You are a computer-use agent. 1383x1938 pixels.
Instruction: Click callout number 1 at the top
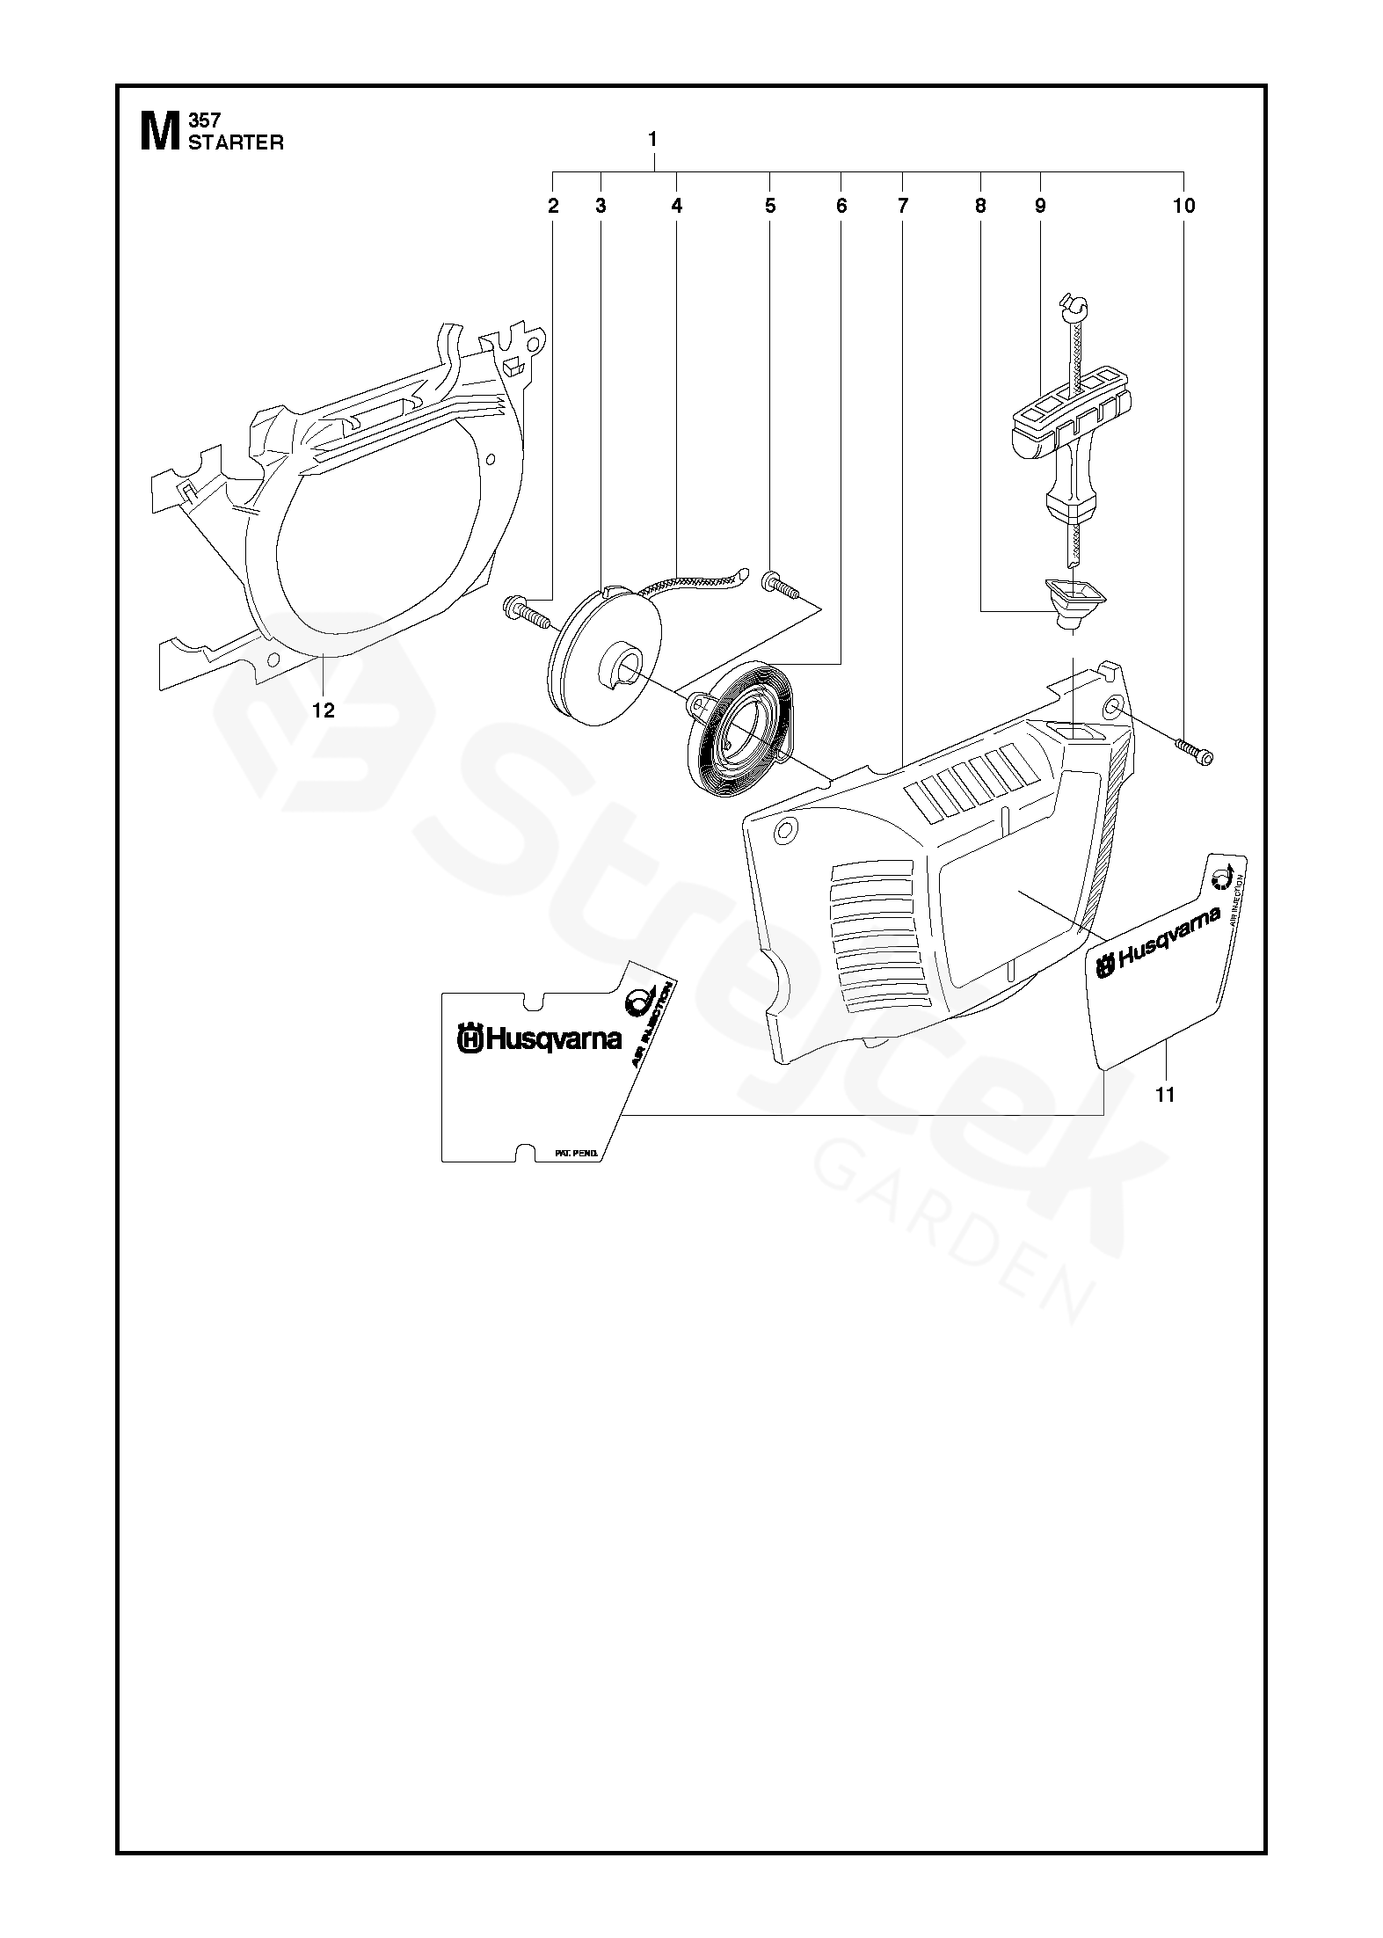coord(651,139)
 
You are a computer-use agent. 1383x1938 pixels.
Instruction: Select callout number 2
coord(553,206)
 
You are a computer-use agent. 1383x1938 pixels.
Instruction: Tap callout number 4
coord(676,206)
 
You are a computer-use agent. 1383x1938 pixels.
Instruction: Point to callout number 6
coord(841,206)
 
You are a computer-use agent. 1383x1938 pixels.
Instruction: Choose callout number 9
coord(1040,206)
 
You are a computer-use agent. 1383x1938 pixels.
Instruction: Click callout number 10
coord(1183,206)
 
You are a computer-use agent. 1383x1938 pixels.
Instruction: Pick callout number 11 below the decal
coord(1165,1095)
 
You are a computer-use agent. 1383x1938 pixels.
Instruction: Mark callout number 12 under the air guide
coord(324,710)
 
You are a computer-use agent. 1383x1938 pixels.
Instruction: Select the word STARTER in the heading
coord(236,143)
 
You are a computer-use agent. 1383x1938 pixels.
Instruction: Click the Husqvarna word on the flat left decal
coord(553,1040)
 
